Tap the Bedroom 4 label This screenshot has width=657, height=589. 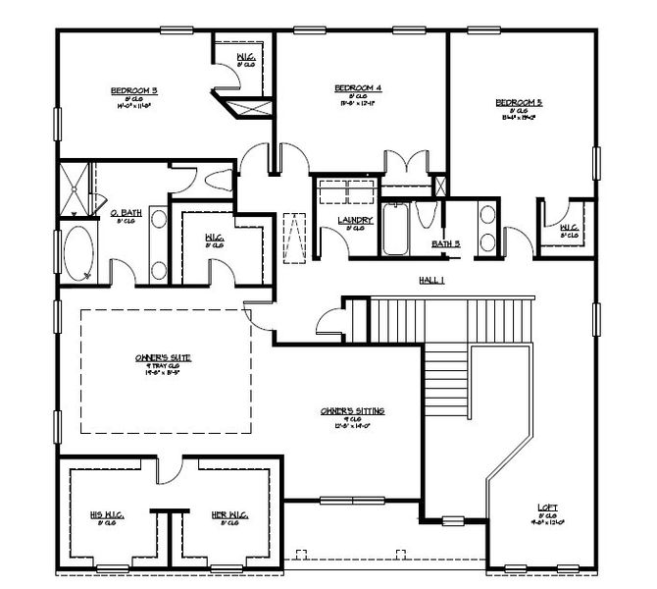coord(357,87)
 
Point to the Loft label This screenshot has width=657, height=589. coord(548,508)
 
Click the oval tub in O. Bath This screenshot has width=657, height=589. coord(78,252)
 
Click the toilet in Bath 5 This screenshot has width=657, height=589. coord(423,215)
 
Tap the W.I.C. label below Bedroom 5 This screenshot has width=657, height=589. coord(568,228)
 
